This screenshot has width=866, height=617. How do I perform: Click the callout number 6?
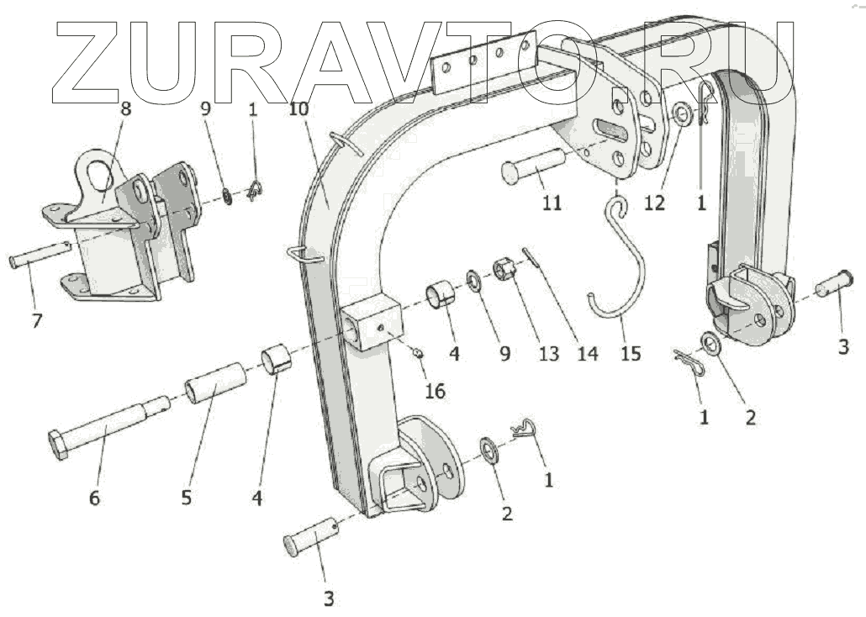click(94, 498)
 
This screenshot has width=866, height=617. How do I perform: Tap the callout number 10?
click(298, 110)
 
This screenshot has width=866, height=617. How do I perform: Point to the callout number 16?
click(434, 391)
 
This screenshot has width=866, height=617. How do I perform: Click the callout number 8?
click(126, 108)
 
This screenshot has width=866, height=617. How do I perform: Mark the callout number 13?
click(549, 354)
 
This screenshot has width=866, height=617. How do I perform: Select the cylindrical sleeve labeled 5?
click(214, 383)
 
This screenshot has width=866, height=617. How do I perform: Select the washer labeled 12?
click(682, 113)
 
